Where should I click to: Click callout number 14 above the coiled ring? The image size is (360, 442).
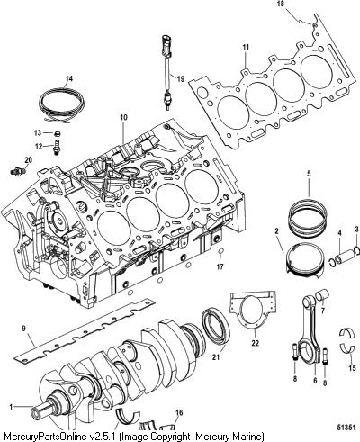pos(69,79)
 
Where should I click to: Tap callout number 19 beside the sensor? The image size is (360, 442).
pos(181,79)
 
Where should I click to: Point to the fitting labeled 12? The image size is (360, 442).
pos(56,147)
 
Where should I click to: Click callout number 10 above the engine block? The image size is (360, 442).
pos(124,117)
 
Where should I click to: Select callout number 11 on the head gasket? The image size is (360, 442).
pos(246,47)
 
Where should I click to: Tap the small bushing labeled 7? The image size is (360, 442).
pos(323,295)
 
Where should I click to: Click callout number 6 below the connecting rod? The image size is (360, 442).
pos(315,381)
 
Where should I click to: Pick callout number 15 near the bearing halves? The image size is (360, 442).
pos(353,368)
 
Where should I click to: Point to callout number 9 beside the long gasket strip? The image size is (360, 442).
pos(24,329)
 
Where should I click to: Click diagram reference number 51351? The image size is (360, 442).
pos(346,428)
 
